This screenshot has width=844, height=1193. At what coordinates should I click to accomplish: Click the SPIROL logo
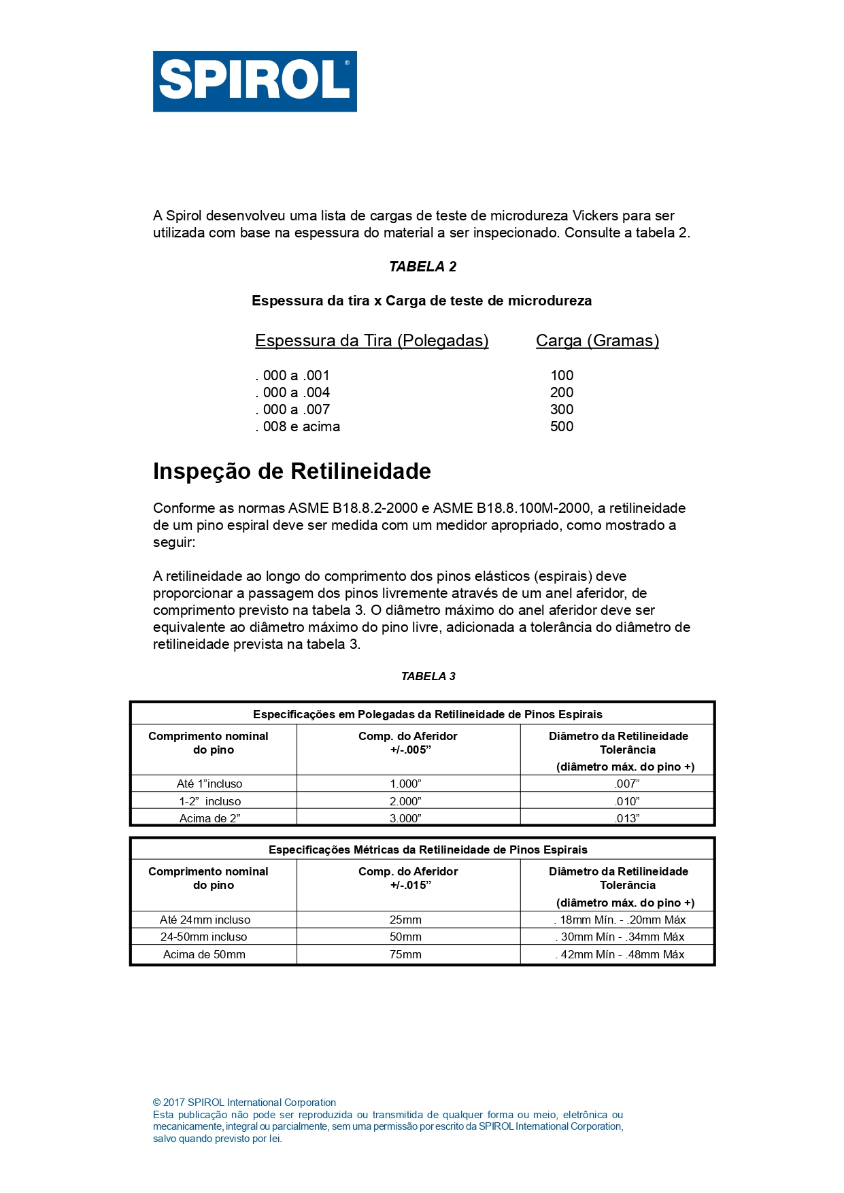[x=254, y=81]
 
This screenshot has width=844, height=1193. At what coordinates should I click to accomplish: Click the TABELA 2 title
[x=422, y=267]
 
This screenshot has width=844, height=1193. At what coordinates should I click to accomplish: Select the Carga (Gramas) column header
[x=597, y=341]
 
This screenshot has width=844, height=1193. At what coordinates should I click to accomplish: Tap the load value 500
[x=562, y=426]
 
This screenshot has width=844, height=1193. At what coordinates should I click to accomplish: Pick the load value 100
[x=562, y=375]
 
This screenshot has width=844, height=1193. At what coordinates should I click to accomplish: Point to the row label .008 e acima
[x=298, y=426]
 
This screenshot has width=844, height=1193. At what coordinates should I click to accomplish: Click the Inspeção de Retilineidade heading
[x=292, y=471]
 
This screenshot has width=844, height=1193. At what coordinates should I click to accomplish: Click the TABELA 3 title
[x=428, y=676]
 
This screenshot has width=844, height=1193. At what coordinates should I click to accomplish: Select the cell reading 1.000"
[x=405, y=784]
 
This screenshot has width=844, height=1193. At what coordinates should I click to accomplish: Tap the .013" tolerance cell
[x=626, y=818]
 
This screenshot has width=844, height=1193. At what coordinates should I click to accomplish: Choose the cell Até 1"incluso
[x=209, y=784]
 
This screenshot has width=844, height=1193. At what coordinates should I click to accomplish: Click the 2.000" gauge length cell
[x=405, y=801]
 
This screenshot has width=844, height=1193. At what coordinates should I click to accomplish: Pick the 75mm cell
[x=405, y=954]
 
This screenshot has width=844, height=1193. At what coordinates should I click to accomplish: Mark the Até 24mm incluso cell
[x=205, y=920]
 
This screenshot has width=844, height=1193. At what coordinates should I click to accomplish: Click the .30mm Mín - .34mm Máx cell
[x=620, y=937]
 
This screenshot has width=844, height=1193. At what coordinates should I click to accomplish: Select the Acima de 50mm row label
[x=204, y=954]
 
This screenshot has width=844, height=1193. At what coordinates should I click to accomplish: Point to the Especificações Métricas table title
[x=428, y=850]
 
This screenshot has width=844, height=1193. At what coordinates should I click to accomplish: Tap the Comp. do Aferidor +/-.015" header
[x=408, y=878]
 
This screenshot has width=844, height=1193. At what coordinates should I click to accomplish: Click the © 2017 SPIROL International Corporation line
[x=244, y=1103]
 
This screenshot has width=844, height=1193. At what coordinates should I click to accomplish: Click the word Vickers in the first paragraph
[x=595, y=216]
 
